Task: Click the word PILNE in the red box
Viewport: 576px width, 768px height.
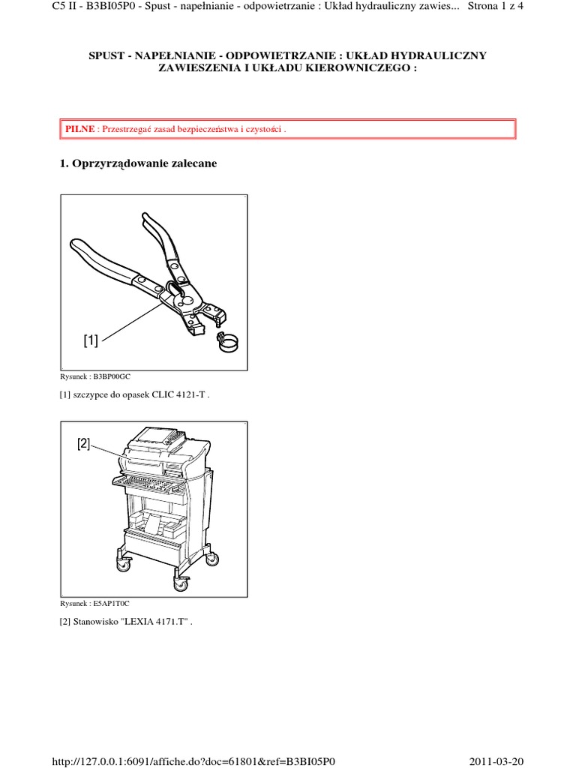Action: click(79, 129)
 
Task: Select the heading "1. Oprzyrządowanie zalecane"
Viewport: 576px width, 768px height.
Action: click(138, 163)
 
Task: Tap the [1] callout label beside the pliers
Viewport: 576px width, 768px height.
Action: click(91, 340)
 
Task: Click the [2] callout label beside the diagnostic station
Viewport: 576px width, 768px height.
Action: click(84, 444)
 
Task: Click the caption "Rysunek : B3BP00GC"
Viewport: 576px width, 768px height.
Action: click(95, 376)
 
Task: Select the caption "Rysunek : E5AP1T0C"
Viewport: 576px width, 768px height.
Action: click(94, 604)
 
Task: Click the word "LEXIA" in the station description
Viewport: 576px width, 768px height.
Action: click(139, 622)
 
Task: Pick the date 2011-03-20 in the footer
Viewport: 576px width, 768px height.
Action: click(496, 762)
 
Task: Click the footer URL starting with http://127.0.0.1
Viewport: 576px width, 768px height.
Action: click(193, 762)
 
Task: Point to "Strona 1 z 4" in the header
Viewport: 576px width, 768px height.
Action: click(496, 6)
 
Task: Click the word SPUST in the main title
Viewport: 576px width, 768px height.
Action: click(106, 55)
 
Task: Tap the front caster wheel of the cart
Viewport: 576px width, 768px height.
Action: click(180, 583)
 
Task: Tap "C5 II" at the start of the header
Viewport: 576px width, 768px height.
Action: click(62, 6)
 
